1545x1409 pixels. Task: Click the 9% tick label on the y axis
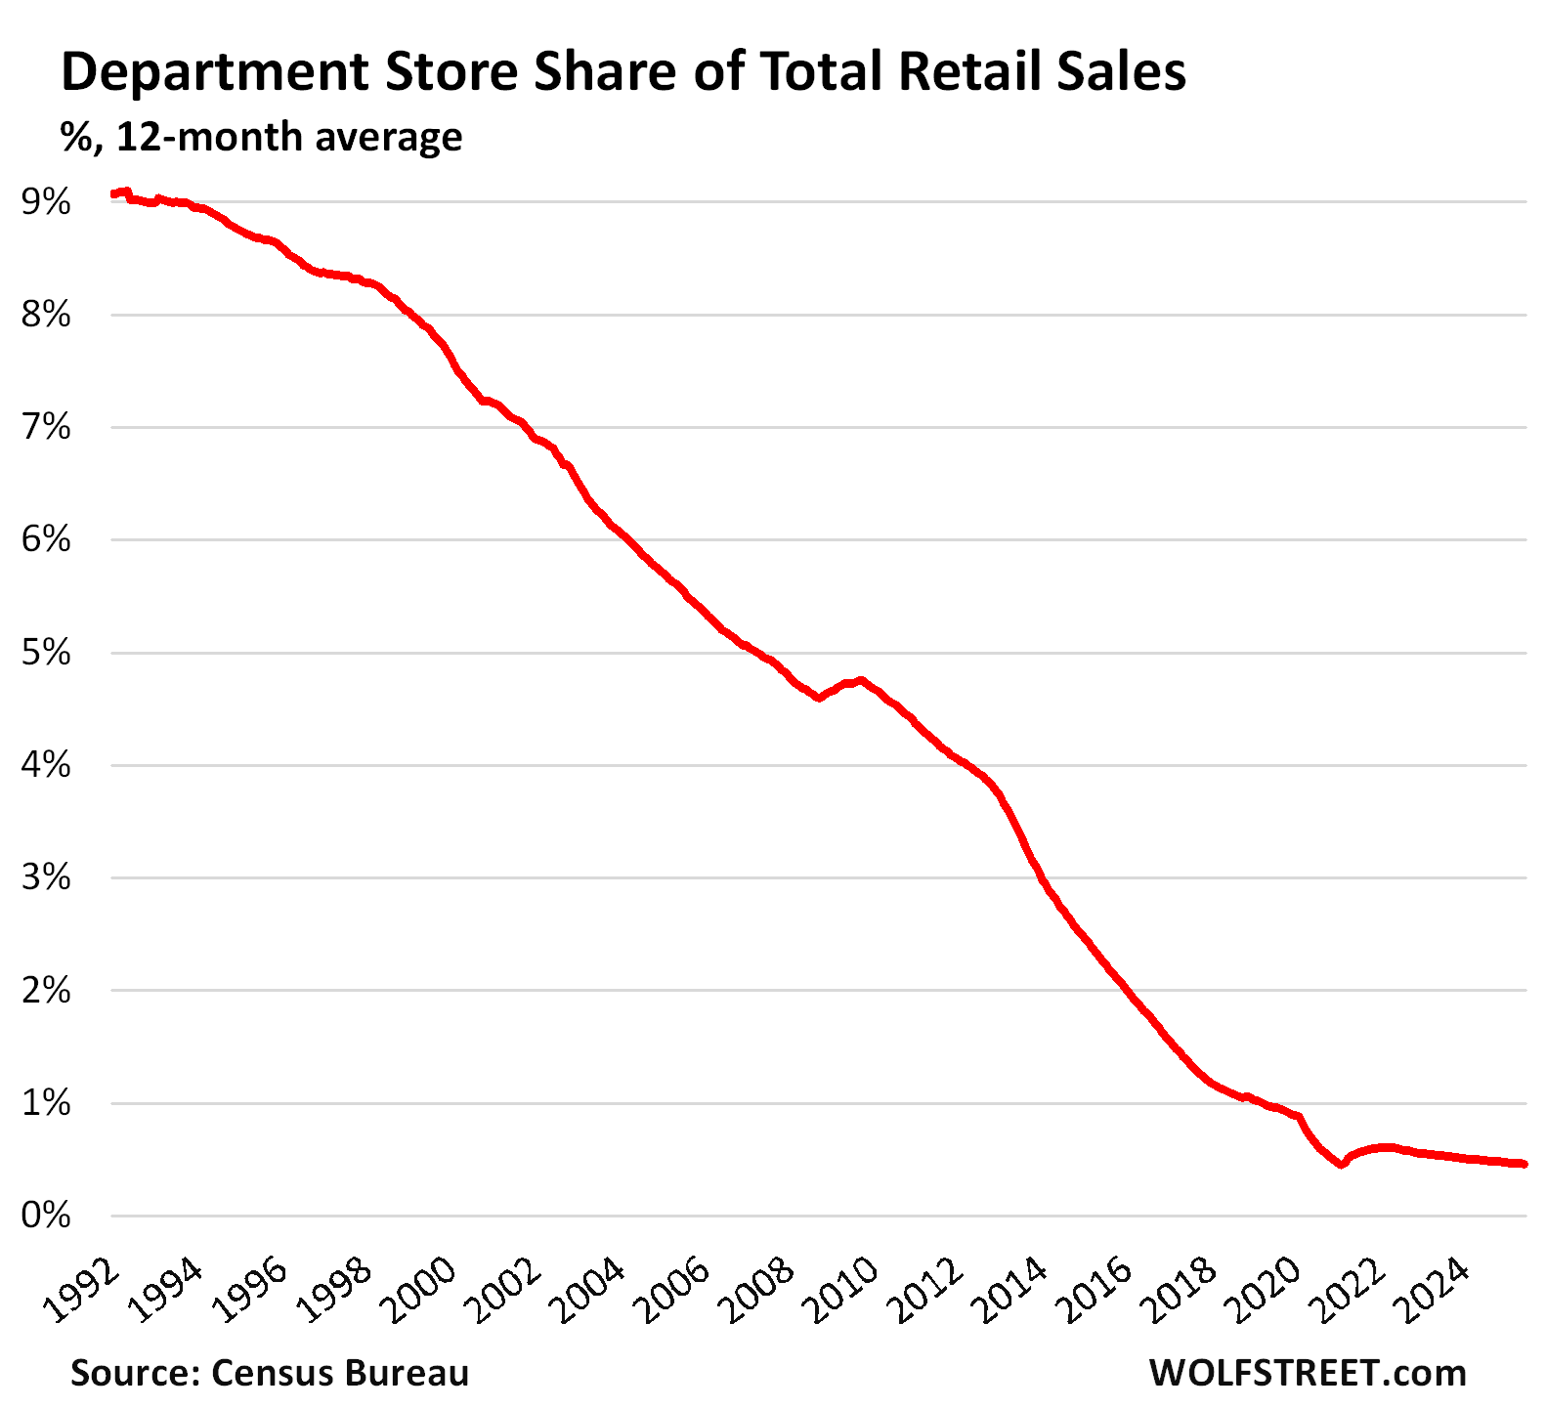[x=46, y=203]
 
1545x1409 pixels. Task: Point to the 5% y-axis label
[x=46, y=653]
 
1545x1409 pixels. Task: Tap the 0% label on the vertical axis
[x=46, y=1216]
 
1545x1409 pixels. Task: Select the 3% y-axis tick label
[x=46, y=877]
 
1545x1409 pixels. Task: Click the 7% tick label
[x=46, y=428]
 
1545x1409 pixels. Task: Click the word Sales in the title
[x=1124, y=73]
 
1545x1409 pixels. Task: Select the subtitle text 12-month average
[x=289, y=137]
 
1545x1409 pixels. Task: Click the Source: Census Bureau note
[x=270, y=1373]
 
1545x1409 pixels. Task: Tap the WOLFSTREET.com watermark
[x=1308, y=1373]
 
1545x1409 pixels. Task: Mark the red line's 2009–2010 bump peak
[x=859, y=679]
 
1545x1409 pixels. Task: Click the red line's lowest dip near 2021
[x=1342, y=1164]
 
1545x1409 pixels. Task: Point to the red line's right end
[x=1523, y=1164]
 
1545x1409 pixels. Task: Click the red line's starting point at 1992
[x=113, y=194]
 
